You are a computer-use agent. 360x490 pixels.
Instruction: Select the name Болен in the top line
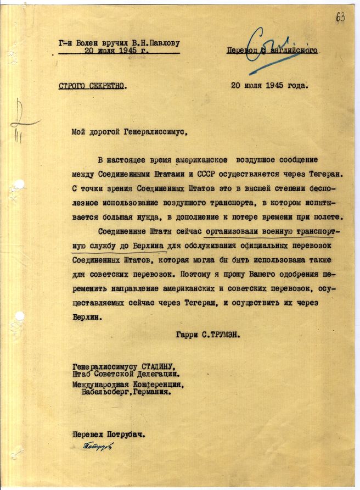pyautogui.click(x=88, y=42)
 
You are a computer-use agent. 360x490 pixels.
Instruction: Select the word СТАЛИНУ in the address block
pyautogui.click(x=156, y=367)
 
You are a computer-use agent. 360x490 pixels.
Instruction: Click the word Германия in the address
pyautogui.click(x=162, y=392)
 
